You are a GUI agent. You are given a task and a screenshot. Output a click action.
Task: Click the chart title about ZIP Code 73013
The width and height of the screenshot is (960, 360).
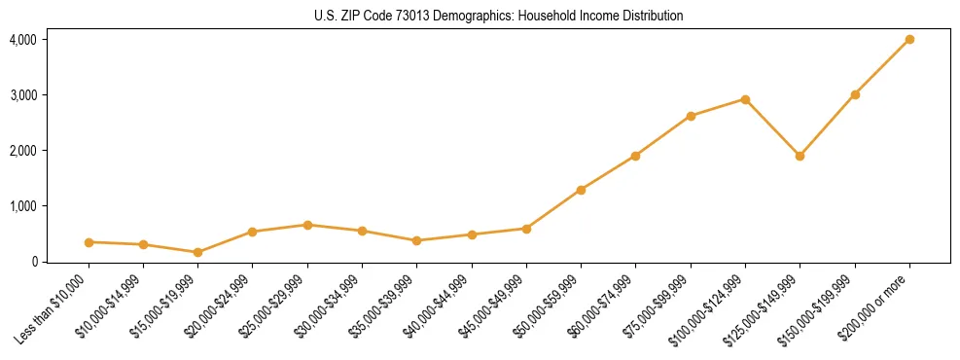pyautogui.click(x=499, y=16)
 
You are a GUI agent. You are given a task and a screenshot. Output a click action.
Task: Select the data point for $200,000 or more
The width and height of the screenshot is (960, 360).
pyautogui.click(x=909, y=39)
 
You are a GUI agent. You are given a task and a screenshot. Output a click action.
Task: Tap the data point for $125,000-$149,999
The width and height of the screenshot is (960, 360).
pyautogui.click(x=800, y=156)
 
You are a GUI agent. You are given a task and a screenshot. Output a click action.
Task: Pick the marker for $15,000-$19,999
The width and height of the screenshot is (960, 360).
pyautogui.click(x=197, y=252)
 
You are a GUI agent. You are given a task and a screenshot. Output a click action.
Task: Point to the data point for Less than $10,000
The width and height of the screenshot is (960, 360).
pyautogui.click(x=89, y=242)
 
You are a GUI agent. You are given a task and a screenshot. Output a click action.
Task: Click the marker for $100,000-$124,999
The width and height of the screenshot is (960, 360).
pyautogui.click(x=745, y=99)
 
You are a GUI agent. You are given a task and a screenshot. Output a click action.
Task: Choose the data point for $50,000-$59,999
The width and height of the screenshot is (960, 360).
pyautogui.click(x=581, y=190)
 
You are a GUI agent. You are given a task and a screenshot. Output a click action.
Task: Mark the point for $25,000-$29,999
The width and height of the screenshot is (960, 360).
pyautogui.click(x=307, y=225)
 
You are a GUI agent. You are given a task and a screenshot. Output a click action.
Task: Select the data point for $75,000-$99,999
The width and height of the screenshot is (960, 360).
pyautogui.click(x=691, y=116)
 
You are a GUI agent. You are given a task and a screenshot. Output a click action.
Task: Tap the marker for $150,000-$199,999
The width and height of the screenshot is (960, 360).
pyautogui.click(x=855, y=94)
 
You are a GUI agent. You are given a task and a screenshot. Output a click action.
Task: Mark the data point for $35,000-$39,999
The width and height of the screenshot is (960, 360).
pyautogui.click(x=416, y=240)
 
